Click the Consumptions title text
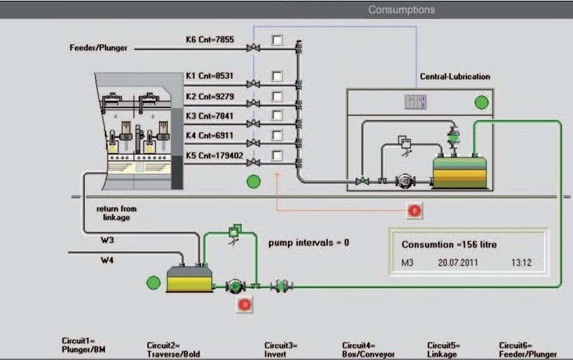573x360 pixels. click(401, 10)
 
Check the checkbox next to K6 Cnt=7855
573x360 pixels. click(277, 39)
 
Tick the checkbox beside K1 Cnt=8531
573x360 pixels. click(277, 75)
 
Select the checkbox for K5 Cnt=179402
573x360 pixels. click(277, 155)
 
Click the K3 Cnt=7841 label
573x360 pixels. click(210, 115)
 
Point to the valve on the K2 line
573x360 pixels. click(253, 105)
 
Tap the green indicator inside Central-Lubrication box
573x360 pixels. click(482, 102)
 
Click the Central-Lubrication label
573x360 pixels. click(455, 76)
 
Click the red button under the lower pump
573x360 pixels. click(244, 305)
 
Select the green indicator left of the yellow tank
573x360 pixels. click(153, 282)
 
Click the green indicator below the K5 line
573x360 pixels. click(253, 181)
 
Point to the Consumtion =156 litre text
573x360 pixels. click(450, 245)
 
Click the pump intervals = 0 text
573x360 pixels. click(308, 242)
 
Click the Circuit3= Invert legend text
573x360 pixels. click(281, 350)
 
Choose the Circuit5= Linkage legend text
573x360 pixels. click(442, 350)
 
